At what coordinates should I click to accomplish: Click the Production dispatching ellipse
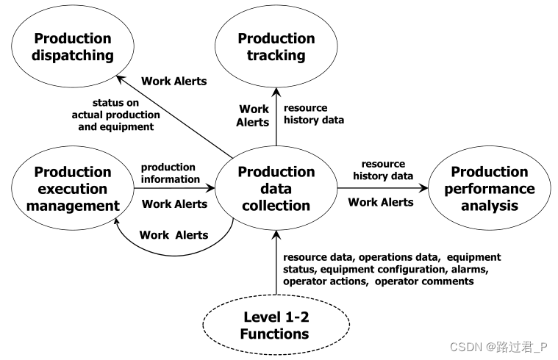click(73, 46)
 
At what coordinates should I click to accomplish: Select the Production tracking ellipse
click(276, 46)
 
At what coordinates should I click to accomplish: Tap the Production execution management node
click(73, 188)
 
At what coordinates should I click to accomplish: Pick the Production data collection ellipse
click(276, 188)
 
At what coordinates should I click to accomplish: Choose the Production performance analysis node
click(490, 188)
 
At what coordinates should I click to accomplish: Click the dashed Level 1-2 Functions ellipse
click(276, 325)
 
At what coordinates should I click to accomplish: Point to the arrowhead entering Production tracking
click(276, 92)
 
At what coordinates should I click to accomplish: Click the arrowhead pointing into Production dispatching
click(121, 79)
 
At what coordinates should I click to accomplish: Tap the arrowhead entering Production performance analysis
click(423, 188)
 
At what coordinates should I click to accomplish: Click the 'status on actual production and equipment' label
click(115, 115)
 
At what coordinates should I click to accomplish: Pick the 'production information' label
click(171, 173)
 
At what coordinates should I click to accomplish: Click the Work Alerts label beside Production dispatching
click(174, 81)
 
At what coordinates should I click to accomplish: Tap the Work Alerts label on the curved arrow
click(174, 235)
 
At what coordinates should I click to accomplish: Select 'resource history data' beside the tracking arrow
click(314, 114)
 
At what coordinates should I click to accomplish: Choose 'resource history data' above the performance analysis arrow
click(383, 170)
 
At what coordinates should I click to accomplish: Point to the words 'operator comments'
click(424, 281)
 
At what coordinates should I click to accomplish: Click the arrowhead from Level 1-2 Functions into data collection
click(276, 235)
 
